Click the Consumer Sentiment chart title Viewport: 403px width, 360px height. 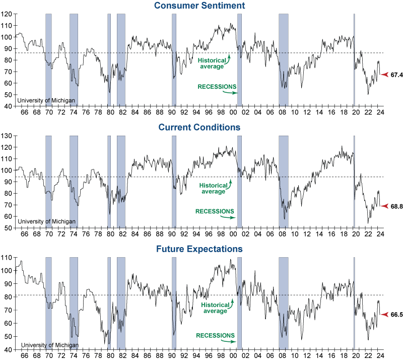point(207,6)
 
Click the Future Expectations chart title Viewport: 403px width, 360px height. point(206,249)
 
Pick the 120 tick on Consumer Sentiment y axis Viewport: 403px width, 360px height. point(7,14)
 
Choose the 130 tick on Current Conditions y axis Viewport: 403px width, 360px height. point(7,136)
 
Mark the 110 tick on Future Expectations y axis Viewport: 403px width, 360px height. point(7,258)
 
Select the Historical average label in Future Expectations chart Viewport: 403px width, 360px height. point(215,308)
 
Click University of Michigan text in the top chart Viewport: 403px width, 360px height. point(46,100)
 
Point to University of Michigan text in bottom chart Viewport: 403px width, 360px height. point(49,345)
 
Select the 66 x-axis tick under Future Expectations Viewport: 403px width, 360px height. point(24,356)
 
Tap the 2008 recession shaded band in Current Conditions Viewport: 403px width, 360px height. point(283,182)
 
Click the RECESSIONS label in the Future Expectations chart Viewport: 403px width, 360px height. point(215,335)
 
